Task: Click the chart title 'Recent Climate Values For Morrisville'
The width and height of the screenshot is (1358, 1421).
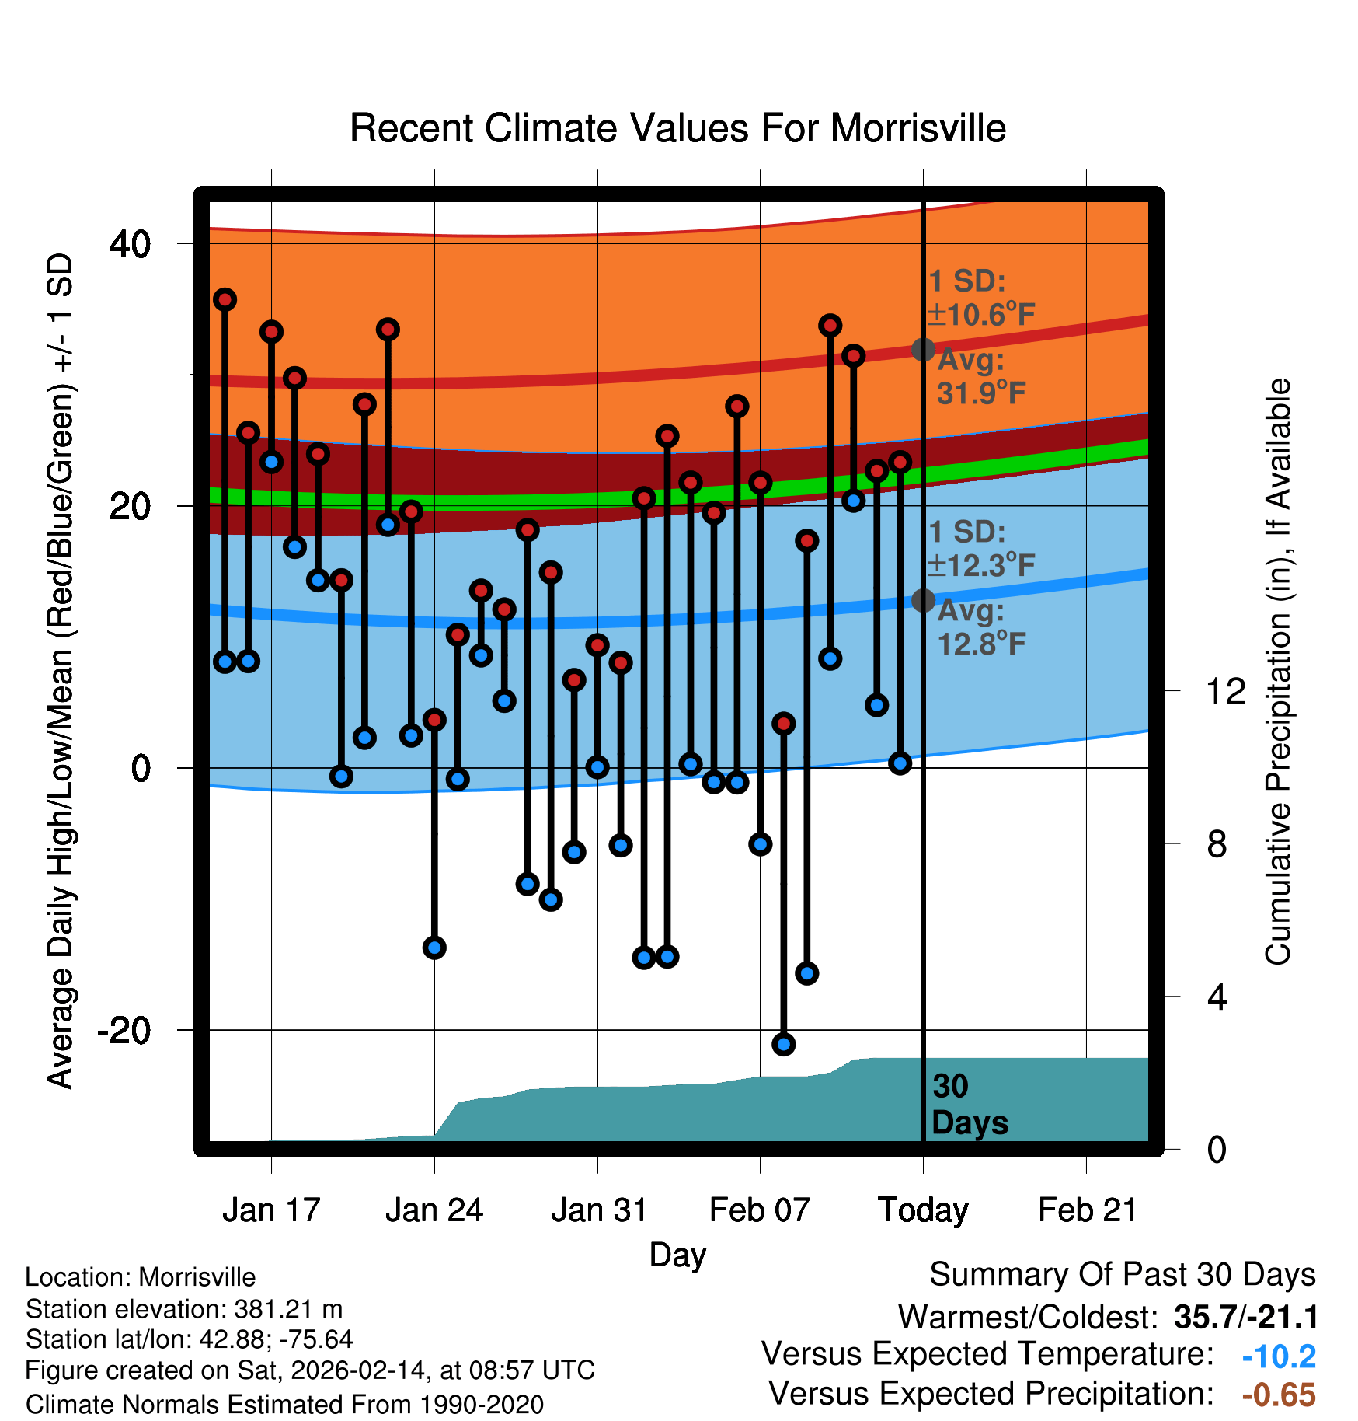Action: (677, 128)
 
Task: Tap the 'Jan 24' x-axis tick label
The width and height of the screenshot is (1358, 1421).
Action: (434, 1210)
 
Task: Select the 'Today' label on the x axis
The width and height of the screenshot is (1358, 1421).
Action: (923, 1210)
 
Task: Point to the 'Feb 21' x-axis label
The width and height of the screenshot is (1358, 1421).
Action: (1087, 1210)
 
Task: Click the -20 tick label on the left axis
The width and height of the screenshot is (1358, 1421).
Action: (124, 1031)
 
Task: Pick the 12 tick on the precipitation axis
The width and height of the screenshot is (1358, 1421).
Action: (1225, 691)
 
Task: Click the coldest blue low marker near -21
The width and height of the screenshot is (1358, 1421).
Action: (783, 1044)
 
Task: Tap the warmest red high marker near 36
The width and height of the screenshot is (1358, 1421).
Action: (225, 299)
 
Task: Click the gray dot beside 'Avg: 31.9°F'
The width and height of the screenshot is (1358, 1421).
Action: (923, 350)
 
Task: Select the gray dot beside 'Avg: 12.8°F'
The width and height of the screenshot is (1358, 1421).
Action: (923, 600)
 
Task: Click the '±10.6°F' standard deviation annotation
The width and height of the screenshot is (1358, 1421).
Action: (982, 315)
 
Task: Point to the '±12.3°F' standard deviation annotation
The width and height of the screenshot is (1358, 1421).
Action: (982, 565)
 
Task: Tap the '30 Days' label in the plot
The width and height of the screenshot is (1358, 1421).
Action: (968, 1105)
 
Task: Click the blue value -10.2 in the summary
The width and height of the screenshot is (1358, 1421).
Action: (1279, 1356)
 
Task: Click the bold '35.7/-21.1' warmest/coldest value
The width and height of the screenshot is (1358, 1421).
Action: (1245, 1317)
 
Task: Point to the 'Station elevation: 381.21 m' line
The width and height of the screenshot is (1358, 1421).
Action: (184, 1309)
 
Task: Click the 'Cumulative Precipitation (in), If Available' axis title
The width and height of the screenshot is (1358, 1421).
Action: (1278, 672)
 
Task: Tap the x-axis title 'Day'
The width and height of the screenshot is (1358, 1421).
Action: (677, 1255)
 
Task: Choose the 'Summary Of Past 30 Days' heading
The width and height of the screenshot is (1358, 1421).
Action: (1122, 1275)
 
